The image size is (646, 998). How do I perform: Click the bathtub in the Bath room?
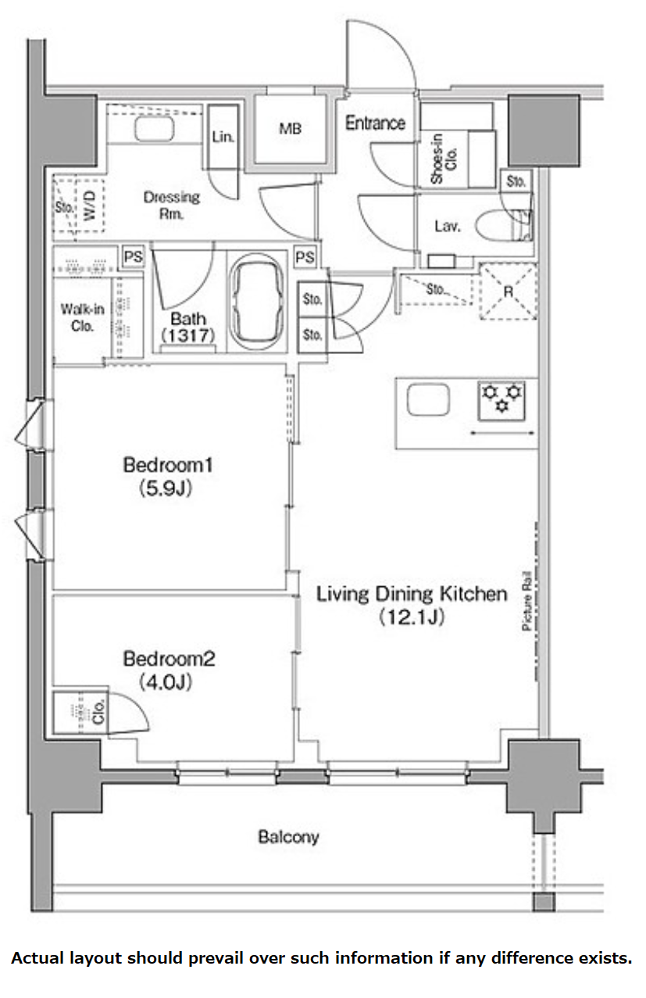click(257, 302)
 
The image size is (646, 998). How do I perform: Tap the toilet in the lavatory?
click(503, 226)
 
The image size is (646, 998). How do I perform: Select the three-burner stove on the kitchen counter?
click(501, 401)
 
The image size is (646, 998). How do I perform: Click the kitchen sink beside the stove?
click(428, 399)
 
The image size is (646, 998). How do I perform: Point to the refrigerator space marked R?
click(508, 292)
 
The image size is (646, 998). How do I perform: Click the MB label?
click(290, 129)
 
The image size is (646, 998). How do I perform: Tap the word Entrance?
click(375, 123)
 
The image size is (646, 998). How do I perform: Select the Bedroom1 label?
click(168, 465)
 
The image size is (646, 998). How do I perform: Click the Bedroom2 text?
click(169, 659)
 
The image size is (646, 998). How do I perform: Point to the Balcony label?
click(288, 837)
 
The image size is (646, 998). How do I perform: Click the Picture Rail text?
click(527, 600)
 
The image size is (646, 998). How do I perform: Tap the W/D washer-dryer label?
click(90, 205)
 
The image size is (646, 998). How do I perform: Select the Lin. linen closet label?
click(223, 137)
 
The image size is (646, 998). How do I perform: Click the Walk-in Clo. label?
click(82, 317)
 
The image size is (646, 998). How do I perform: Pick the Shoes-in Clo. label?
click(444, 158)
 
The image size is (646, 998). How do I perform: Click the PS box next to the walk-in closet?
click(133, 256)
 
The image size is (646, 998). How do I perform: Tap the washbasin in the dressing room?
click(154, 129)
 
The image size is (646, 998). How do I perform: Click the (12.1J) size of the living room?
click(412, 617)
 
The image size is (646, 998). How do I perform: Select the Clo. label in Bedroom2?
click(98, 711)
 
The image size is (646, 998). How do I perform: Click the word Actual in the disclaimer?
click(37, 958)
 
